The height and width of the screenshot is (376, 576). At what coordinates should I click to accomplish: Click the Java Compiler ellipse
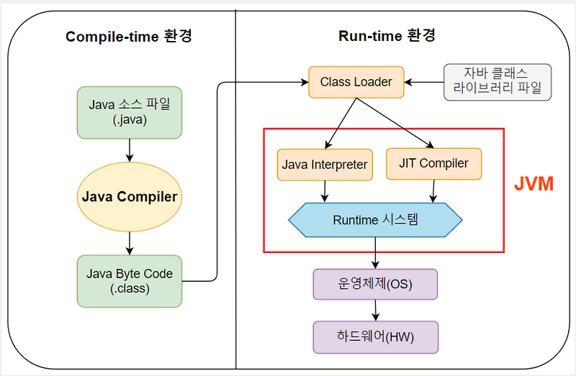(x=130, y=196)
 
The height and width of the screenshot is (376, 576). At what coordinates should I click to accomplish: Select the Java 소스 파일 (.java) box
(x=130, y=112)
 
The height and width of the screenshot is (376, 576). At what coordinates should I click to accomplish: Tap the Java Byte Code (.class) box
(x=130, y=280)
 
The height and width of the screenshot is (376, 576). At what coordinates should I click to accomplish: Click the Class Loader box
(x=356, y=82)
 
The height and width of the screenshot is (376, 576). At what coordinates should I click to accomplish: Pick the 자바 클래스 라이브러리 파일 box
(x=497, y=81)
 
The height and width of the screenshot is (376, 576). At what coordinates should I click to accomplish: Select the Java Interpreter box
(x=325, y=165)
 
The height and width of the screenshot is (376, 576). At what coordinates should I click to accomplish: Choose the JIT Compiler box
(x=433, y=164)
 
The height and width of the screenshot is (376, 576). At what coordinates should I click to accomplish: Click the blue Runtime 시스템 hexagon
(x=375, y=220)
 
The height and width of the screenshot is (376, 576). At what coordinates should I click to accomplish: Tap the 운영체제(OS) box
(x=375, y=284)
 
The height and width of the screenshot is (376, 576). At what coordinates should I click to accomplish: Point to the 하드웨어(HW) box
(x=375, y=336)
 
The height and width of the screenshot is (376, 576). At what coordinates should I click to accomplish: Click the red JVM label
(x=534, y=184)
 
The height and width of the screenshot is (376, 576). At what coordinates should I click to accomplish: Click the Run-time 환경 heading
(x=387, y=36)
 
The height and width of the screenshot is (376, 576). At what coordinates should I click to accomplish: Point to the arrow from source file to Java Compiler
(x=130, y=149)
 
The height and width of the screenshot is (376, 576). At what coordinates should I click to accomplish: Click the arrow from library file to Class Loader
(x=425, y=82)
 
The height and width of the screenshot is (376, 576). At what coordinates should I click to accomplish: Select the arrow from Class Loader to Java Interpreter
(x=338, y=122)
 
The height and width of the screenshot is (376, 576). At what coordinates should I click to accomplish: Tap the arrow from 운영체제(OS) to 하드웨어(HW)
(x=375, y=310)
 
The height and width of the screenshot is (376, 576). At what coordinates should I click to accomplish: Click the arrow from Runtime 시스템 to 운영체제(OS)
(x=375, y=253)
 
